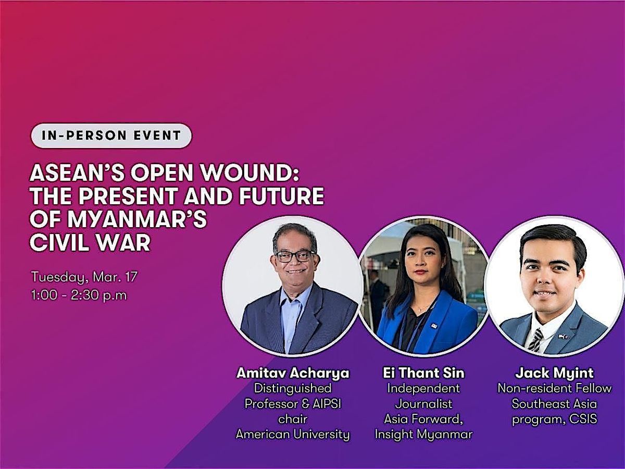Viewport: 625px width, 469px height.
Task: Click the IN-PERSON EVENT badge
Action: coord(111,135)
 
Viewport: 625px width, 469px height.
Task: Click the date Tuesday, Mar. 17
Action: coord(84,277)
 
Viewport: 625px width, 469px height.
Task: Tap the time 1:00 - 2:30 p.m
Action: coord(79,295)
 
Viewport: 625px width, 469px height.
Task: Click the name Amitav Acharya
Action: coord(293,373)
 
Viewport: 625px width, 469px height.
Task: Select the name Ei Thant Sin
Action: coord(423,373)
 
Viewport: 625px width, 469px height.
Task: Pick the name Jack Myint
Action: coord(554,373)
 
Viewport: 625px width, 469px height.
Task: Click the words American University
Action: coord(293,435)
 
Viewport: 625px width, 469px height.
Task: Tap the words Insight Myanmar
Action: coord(423,435)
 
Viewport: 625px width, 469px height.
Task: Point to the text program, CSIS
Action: coord(554,419)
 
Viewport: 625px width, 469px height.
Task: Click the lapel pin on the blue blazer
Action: coord(434,326)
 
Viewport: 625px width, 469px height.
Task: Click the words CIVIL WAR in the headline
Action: coord(90,242)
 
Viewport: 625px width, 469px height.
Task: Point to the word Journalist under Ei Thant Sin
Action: coord(423,404)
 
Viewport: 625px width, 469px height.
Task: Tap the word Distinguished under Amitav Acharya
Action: coord(293,389)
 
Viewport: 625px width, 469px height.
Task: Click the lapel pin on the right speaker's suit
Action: coord(563,337)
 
